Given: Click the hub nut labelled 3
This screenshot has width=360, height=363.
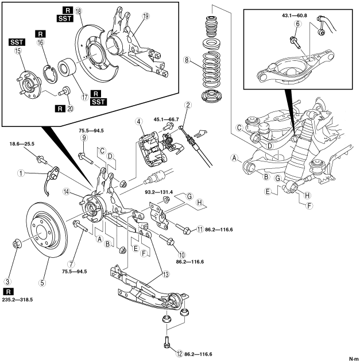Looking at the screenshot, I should pos(17,243).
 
